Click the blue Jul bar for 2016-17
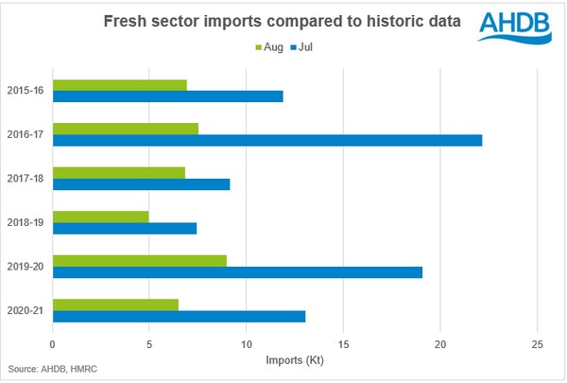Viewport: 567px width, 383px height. (x=267, y=140)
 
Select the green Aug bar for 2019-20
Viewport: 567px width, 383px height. (x=140, y=260)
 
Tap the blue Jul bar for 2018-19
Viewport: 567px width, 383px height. (x=125, y=228)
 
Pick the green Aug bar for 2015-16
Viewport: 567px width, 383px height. (x=120, y=85)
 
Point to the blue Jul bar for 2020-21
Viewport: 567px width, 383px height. (x=179, y=316)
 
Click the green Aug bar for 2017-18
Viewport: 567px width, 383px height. (x=119, y=172)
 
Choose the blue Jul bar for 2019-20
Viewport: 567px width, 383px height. (x=237, y=271)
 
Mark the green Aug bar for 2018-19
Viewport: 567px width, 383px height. (x=101, y=217)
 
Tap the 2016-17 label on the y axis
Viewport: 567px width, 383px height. (x=25, y=134)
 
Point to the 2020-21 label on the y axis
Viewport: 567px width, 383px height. (x=25, y=309)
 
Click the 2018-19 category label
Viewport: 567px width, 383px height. (x=25, y=222)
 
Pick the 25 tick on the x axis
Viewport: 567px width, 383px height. (x=537, y=343)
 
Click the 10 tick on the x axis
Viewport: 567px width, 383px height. (x=246, y=343)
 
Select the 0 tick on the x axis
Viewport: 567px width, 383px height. (x=53, y=343)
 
